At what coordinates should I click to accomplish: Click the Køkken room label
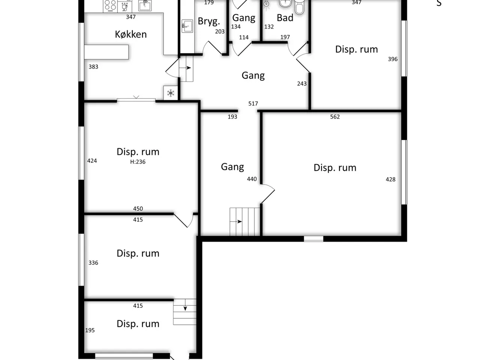click(x=131, y=34)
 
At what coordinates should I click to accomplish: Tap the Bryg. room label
click(x=209, y=21)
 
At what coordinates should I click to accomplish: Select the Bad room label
click(x=285, y=18)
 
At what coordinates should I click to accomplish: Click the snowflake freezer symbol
click(x=171, y=93)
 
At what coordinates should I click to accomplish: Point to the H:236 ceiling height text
click(x=138, y=162)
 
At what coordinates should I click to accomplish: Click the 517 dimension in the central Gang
click(x=253, y=103)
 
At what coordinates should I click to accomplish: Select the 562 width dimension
click(x=335, y=117)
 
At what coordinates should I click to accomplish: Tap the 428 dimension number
click(x=390, y=180)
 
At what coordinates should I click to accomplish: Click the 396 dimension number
click(x=393, y=59)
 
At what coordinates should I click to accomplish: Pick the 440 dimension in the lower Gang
click(x=252, y=179)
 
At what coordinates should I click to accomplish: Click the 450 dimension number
click(x=138, y=208)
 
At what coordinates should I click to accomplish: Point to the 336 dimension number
click(x=93, y=262)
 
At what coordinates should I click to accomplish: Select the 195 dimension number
click(x=90, y=330)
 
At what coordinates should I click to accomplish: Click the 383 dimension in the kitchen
click(x=93, y=67)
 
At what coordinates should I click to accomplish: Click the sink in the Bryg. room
click(x=187, y=26)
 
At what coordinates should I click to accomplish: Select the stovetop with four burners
click(x=110, y=6)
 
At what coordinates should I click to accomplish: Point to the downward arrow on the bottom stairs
click(x=185, y=305)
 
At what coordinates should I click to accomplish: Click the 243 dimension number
click(x=302, y=84)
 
